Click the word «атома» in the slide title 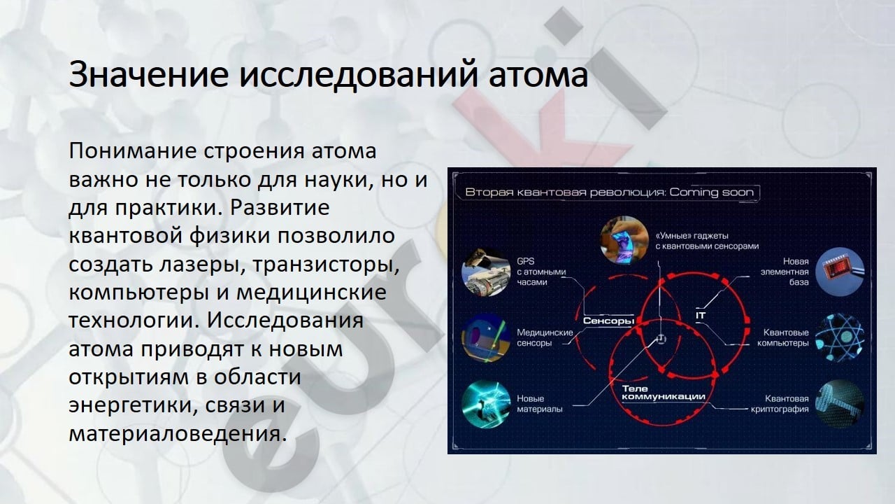[538, 74]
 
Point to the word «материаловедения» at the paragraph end [178, 433]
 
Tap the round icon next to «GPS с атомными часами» [486, 272]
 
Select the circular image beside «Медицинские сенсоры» [486, 338]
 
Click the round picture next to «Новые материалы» [486, 405]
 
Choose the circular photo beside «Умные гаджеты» [624, 241]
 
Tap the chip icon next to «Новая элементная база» [840, 272]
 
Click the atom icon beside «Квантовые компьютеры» [840, 338]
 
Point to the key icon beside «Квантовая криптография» [840, 404]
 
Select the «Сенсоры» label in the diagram [608, 321]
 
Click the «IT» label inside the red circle [701, 316]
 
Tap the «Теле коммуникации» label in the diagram [664, 393]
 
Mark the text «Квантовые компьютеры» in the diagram [783, 338]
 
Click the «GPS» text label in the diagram [525, 261]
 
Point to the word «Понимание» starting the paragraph [133, 151]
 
